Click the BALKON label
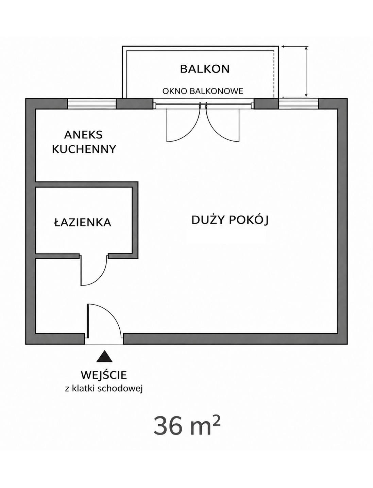tap(205, 69)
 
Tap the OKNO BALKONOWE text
tap(203, 91)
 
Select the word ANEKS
tap(84, 135)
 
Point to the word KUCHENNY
tap(84, 149)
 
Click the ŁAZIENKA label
tap(83, 222)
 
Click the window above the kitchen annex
tap(92, 103)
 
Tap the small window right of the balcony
tap(299, 103)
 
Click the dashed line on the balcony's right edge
tap(274, 74)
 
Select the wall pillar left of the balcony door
tap(135, 103)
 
